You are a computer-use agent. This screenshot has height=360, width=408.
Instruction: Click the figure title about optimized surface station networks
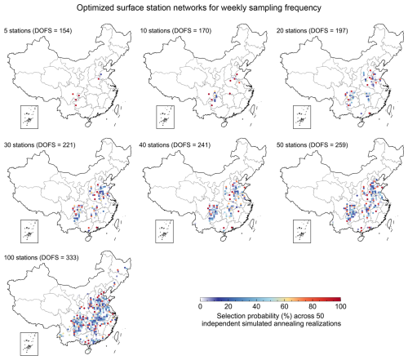click(x=199, y=7)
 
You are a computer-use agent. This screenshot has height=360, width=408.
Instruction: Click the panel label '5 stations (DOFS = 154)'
click(x=38, y=30)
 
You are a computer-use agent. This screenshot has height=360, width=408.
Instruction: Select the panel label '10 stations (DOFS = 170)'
click(x=175, y=30)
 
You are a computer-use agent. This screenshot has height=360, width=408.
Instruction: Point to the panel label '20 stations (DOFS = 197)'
click(x=313, y=30)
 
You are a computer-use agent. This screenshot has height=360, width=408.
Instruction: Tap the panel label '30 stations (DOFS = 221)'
click(x=39, y=144)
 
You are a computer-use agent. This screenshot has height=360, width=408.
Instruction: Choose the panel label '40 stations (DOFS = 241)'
click(x=175, y=144)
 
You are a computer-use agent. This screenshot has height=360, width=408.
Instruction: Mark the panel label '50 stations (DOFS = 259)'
click(x=313, y=144)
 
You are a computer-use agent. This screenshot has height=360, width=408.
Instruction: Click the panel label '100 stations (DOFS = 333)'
click(x=41, y=257)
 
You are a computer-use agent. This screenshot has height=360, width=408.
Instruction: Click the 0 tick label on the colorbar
click(x=200, y=307)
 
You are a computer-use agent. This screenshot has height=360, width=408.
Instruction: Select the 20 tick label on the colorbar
click(x=228, y=307)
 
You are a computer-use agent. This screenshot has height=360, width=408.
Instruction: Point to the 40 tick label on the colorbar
click(x=256, y=307)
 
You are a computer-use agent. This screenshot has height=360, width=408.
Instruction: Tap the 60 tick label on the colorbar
click(x=284, y=307)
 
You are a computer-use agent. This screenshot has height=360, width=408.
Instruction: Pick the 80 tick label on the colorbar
click(x=313, y=307)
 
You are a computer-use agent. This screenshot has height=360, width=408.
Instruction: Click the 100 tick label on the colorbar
click(x=340, y=307)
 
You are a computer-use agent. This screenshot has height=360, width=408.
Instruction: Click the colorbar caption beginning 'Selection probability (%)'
click(x=271, y=320)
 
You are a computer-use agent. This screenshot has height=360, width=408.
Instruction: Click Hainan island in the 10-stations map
click(x=224, y=124)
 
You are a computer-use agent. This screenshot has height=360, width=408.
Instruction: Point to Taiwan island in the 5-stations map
click(x=117, y=109)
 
